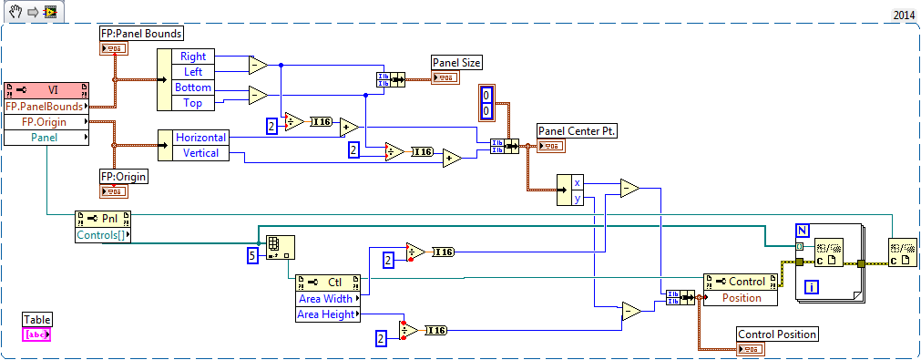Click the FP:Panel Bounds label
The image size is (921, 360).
coord(141,34)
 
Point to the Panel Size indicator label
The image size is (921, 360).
coord(456,63)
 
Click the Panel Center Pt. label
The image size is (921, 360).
coord(578,131)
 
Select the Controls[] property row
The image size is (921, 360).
coord(102,236)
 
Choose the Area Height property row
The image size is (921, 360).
coord(329,314)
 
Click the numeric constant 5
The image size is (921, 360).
coord(253,256)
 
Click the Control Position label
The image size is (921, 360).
coord(776,334)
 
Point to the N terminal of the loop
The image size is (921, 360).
coord(802,229)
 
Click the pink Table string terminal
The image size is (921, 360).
coord(37,334)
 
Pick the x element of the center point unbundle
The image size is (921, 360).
coord(577,182)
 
